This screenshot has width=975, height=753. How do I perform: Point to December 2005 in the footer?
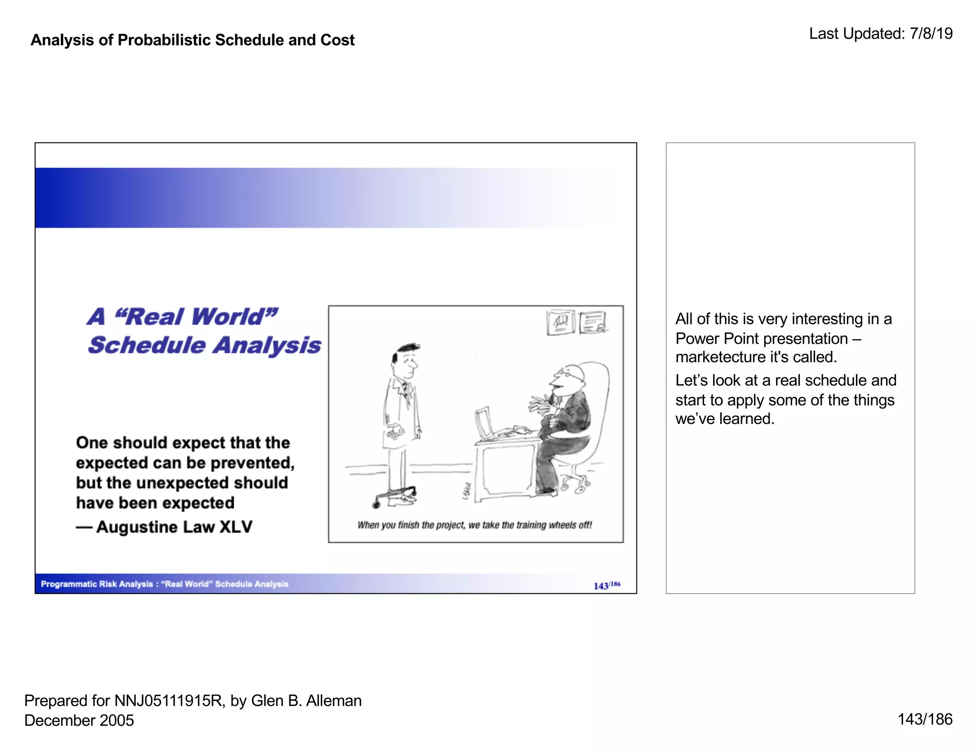click(x=79, y=720)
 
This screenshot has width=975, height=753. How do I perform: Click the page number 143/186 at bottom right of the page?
click(x=925, y=719)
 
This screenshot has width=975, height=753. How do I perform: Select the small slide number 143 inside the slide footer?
click(x=601, y=586)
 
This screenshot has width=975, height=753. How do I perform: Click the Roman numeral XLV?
click(x=236, y=527)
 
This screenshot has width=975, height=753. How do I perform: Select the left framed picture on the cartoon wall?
click(x=561, y=322)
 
